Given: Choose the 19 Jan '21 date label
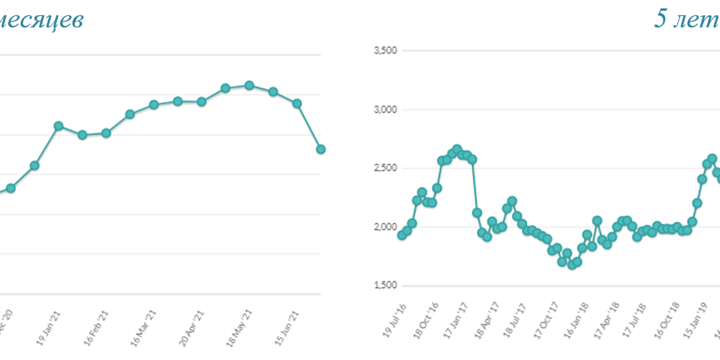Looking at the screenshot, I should [48, 326].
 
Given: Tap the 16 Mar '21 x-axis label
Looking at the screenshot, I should [145, 326].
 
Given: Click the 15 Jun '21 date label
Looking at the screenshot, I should [289, 326].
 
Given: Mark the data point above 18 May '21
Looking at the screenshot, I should [249, 85].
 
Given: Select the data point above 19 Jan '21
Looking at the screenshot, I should [58, 126].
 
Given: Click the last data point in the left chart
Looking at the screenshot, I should [321, 149].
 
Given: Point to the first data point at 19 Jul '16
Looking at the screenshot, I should [402, 235].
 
